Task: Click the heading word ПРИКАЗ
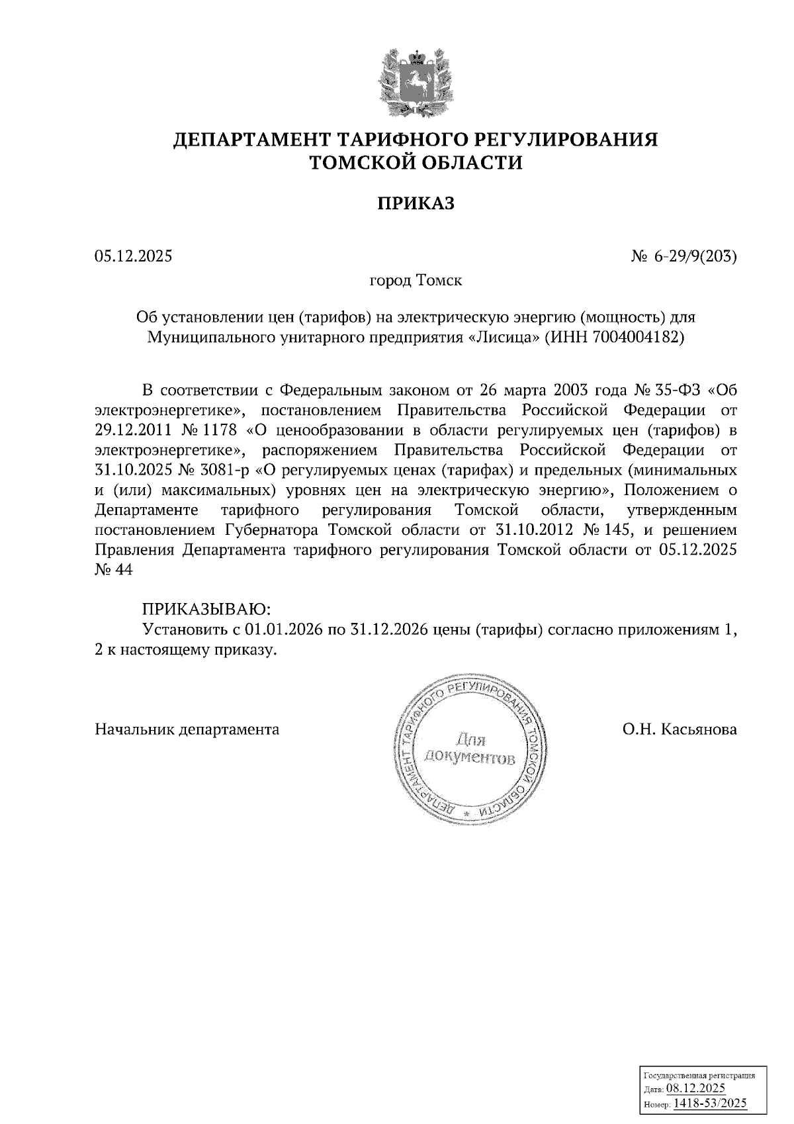click(416, 203)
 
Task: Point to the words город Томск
click(416, 281)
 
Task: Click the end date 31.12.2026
click(387, 630)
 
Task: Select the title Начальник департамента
click(187, 729)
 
